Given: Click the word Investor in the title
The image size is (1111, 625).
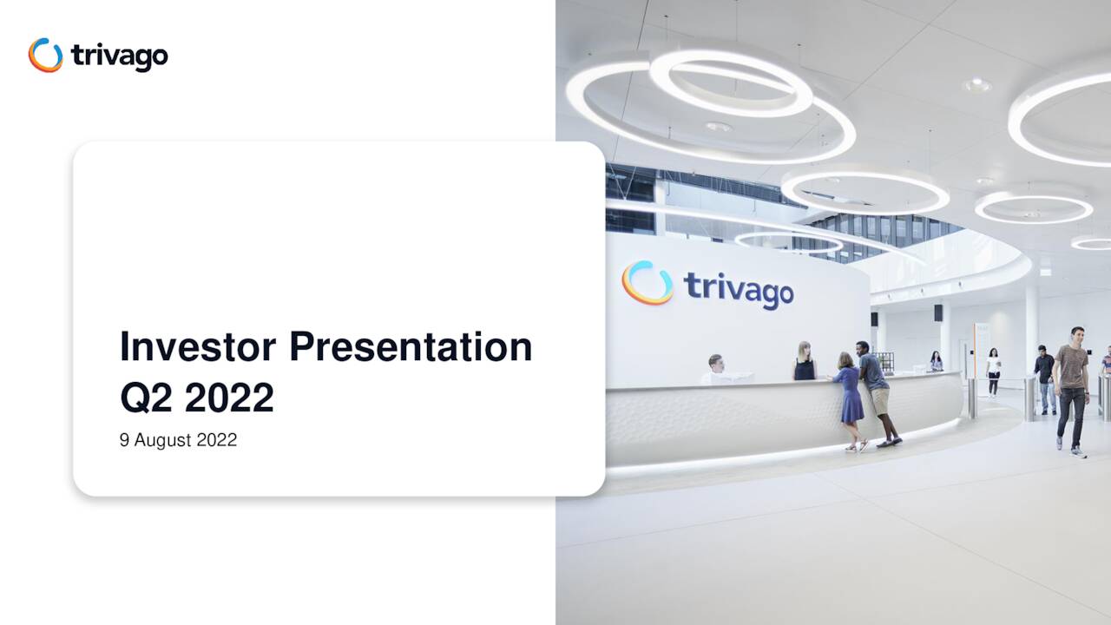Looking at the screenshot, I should tap(198, 347).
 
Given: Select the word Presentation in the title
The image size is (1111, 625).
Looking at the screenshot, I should tap(411, 347).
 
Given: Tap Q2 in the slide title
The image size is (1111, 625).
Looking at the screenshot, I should tap(147, 398).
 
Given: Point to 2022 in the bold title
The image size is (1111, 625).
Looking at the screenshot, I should tap(229, 398).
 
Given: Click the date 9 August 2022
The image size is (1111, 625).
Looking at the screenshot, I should tap(178, 440).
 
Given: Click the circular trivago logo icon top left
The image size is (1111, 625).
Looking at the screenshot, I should tap(45, 56).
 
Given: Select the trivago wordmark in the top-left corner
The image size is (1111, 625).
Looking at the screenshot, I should tap(119, 56).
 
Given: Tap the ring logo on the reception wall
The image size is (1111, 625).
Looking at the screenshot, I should tap(648, 283).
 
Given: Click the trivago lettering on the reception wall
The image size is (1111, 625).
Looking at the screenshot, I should tap(739, 288).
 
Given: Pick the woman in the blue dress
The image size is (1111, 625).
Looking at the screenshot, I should tap(850, 395).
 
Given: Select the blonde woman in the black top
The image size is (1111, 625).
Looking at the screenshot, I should tap(805, 362).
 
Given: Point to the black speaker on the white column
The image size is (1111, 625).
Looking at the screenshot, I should tap(938, 312).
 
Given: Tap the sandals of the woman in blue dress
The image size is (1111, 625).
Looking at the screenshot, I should tap(857, 447).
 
